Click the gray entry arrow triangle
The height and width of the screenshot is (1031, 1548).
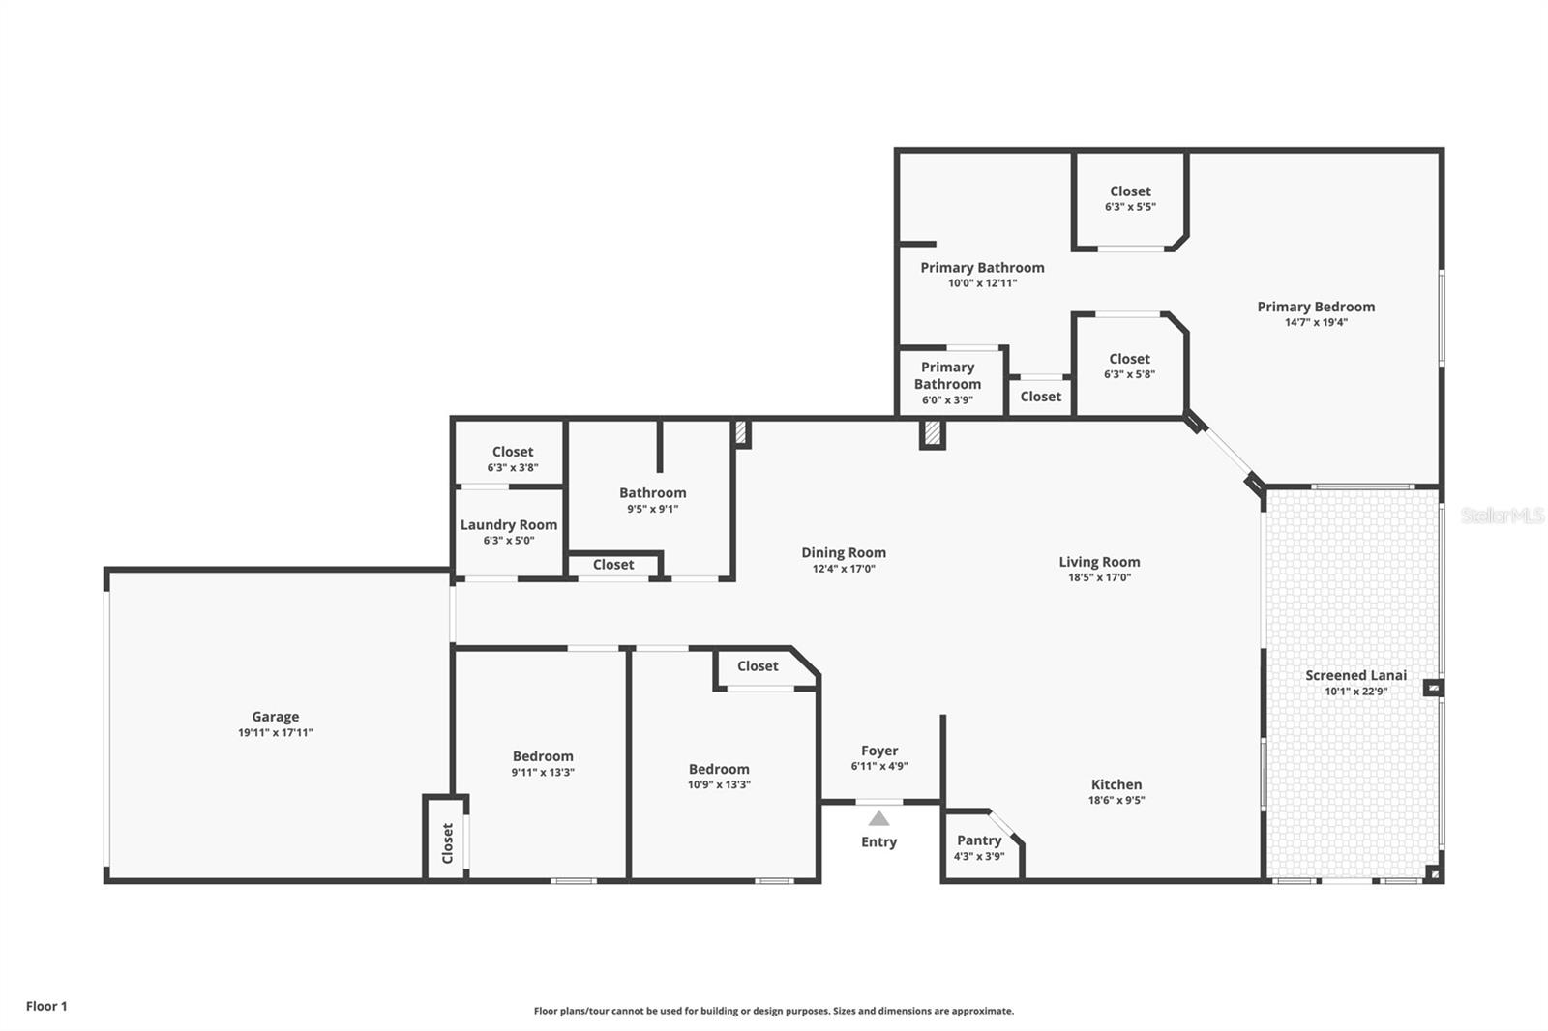pyautogui.click(x=878, y=818)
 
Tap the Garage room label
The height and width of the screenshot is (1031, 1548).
pyautogui.click(x=275, y=717)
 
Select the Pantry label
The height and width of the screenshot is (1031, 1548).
pyautogui.click(x=979, y=840)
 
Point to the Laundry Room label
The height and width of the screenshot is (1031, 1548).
pyautogui.click(x=509, y=525)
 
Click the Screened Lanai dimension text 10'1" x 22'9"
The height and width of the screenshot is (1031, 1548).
pyautogui.click(x=1355, y=692)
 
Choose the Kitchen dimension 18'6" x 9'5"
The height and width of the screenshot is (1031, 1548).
pyautogui.click(x=1116, y=801)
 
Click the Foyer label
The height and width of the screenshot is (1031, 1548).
pyautogui.click(x=879, y=751)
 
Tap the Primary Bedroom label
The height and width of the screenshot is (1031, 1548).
pyautogui.click(x=1316, y=307)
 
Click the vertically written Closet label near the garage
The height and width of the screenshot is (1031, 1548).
pyautogui.click(x=447, y=843)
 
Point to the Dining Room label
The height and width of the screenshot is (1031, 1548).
pyautogui.click(x=844, y=553)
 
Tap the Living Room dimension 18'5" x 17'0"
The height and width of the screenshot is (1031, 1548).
pyautogui.click(x=1099, y=577)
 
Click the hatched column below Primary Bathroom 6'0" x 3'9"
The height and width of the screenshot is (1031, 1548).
pyautogui.click(x=932, y=434)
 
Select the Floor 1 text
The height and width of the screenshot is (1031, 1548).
pyautogui.click(x=46, y=1006)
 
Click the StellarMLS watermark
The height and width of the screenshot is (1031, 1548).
pyautogui.click(x=1502, y=515)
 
